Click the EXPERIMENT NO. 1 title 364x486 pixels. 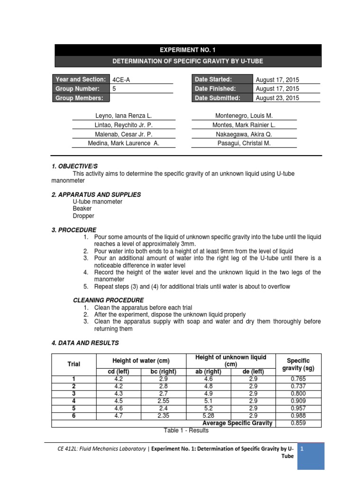(x=188, y=49)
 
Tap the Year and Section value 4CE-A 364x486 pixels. (x=120, y=80)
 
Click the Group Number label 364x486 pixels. (x=78, y=89)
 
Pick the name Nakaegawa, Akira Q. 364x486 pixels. (x=244, y=134)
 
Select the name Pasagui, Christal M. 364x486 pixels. (x=244, y=143)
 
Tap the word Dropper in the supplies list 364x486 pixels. (x=83, y=215)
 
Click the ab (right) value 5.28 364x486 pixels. (x=208, y=416)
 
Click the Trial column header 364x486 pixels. (x=73, y=364)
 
